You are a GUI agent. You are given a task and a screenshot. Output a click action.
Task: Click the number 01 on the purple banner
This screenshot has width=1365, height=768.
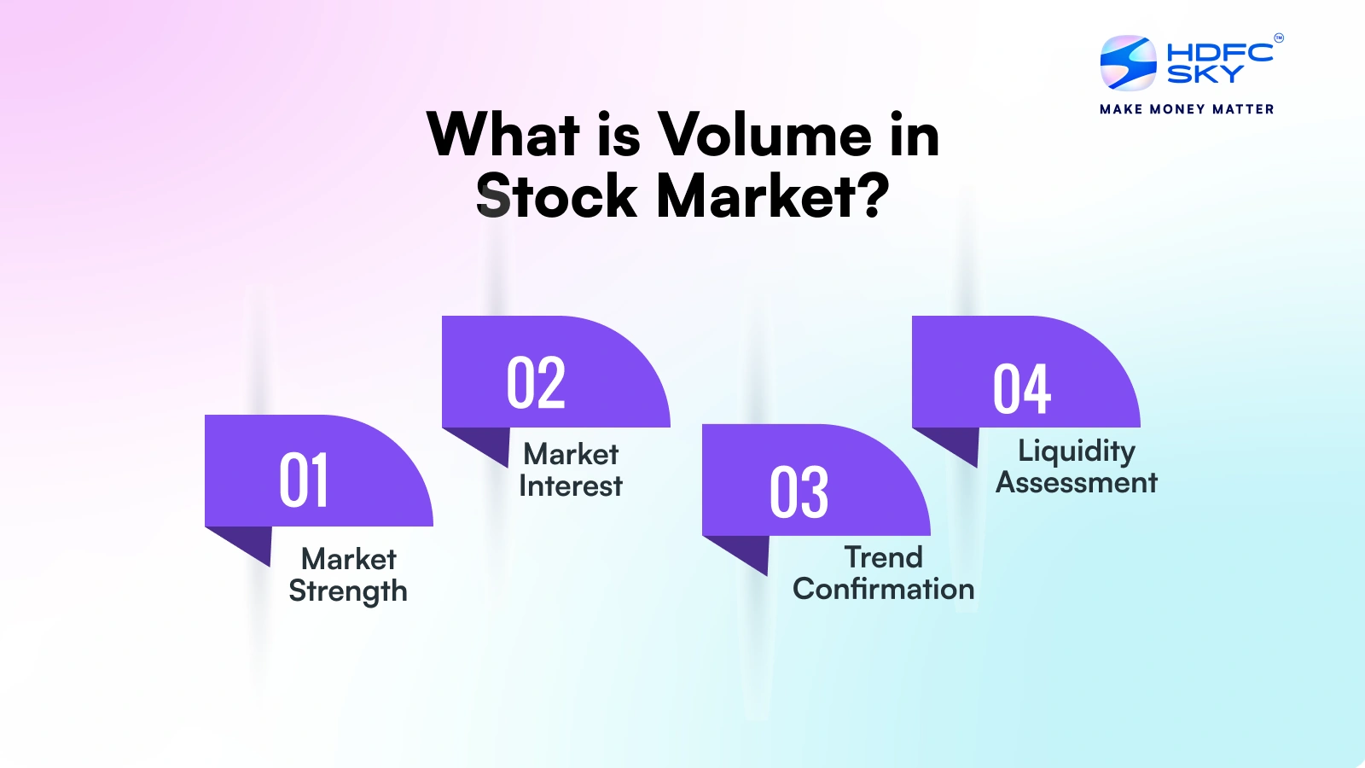point(304,480)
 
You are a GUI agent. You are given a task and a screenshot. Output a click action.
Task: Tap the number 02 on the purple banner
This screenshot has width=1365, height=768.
point(537,382)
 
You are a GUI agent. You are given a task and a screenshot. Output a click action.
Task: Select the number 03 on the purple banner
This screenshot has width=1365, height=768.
point(799,492)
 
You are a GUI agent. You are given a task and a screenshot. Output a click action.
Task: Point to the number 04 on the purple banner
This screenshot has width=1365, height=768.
point(1022,389)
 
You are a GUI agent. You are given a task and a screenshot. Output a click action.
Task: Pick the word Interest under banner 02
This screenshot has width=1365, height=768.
point(571,486)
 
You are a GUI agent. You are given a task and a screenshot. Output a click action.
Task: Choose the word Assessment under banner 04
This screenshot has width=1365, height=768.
point(1077,483)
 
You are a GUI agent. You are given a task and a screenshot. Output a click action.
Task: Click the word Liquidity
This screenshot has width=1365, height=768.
point(1077,452)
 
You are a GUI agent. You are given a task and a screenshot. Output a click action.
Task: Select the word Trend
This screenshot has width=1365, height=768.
point(884,557)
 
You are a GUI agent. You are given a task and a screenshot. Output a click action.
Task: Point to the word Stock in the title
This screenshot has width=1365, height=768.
point(556,195)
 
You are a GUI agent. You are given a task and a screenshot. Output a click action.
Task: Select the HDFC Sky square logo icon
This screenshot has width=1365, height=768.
point(1128,63)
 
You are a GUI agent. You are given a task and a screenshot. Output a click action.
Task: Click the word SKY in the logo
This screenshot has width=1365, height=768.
point(1205,73)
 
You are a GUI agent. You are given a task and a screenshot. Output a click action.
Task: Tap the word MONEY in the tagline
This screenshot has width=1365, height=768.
point(1177,109)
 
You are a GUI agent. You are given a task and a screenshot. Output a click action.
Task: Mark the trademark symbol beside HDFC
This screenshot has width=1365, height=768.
point(1279,38)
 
